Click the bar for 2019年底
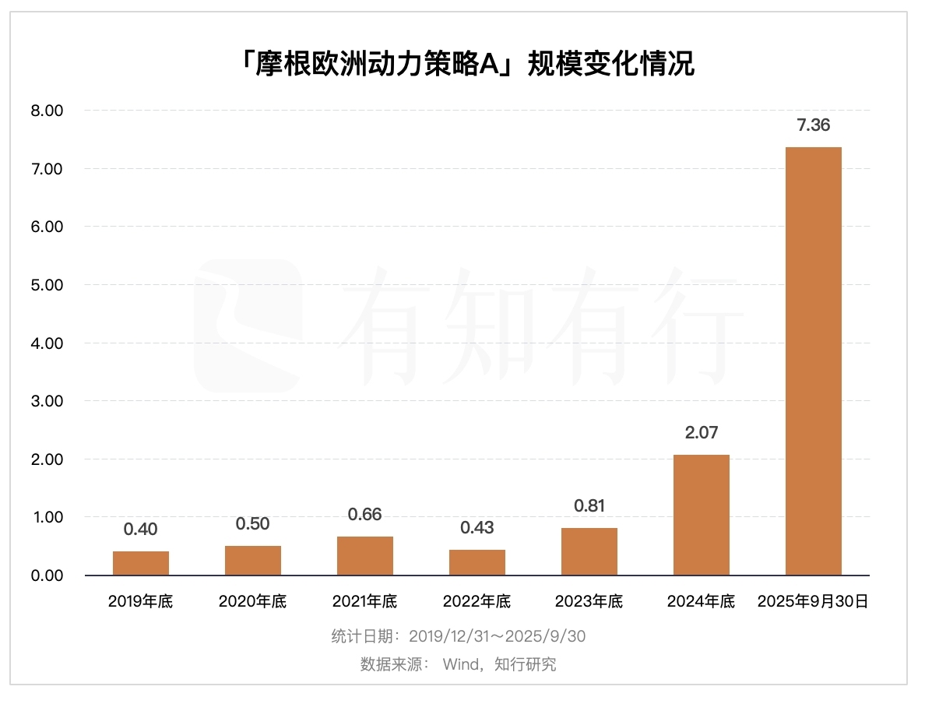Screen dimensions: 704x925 click(x=141, y=563)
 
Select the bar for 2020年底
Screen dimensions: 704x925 click(x=253, y=561)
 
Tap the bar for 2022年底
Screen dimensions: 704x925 click(x=477, y=562)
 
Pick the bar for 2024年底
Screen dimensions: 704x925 click(x=702, y=515)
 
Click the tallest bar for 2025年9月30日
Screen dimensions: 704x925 click(x=814, y=361)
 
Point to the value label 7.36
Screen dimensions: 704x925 click(x=814, y=125)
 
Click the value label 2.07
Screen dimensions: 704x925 click(x=702, y=433)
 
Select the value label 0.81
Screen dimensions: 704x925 click(x=589, y=506)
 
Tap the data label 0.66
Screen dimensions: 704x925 click(x=365, y=515)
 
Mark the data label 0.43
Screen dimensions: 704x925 click(x=477, y=528)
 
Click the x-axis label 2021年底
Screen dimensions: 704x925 click(x=365, y=601)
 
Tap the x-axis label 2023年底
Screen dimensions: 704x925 click(x=589, y=601)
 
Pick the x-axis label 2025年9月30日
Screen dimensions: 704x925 click(x=814, y=601)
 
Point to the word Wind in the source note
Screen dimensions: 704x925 click(x=459, y=665)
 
